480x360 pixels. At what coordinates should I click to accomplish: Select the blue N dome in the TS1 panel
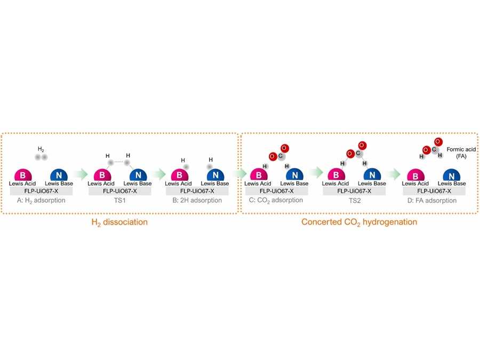[x=138, y=175]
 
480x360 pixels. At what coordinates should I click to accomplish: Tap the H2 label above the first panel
[x=41, y=149]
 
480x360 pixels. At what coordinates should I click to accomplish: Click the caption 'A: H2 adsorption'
[x=41, y=201]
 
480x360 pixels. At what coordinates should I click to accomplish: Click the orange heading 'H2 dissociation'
[x=118, y=222]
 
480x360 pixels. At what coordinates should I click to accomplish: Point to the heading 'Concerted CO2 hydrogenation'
[x=359, y=222]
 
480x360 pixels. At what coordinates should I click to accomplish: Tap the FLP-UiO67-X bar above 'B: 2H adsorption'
[x=196, y=190]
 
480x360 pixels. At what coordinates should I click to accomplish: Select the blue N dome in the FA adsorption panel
[x=450, y=175]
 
